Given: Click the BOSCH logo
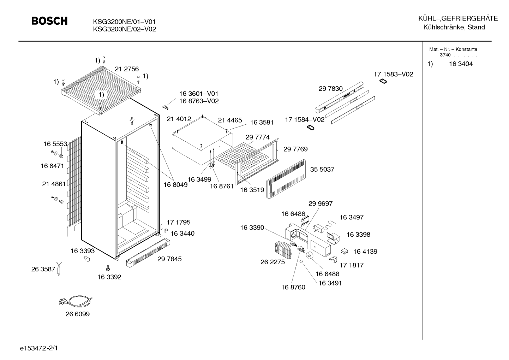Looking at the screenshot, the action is point(49,21).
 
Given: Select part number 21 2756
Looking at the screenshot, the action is point(127,69).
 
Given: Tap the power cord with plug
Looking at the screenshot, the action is point(76,301).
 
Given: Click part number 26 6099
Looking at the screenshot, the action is point(78,314).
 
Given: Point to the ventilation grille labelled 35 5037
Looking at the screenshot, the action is point(286,179).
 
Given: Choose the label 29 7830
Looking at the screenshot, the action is point(331,88).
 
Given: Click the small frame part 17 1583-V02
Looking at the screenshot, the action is point(383,81).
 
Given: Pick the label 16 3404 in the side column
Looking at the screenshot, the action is point(461,64).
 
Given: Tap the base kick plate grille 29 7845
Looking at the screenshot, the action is point(148,253).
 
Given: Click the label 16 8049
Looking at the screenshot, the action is point(176,185).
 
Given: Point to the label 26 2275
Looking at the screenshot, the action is point(273,262).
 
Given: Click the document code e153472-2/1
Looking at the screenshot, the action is point(39,348).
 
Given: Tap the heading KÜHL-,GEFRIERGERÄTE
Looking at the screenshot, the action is point(458,18).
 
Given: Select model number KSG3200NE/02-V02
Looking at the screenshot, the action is point(125,29).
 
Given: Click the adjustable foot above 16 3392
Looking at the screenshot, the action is point(108,268).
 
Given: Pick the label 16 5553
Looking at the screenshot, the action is point(55,144).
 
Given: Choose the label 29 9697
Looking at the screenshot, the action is point(321,203).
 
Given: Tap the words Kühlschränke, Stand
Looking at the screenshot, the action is point(454,27).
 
